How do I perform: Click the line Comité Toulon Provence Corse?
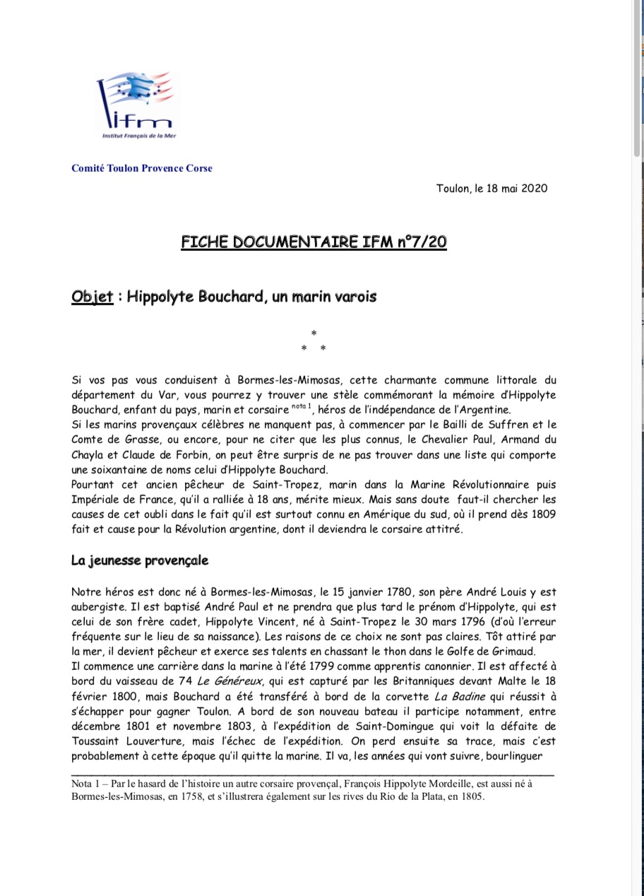[141, 168]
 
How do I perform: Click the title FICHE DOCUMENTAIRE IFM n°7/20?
[314, 242]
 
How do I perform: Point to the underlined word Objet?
[92, 297]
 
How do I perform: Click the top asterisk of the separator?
[314, 333]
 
